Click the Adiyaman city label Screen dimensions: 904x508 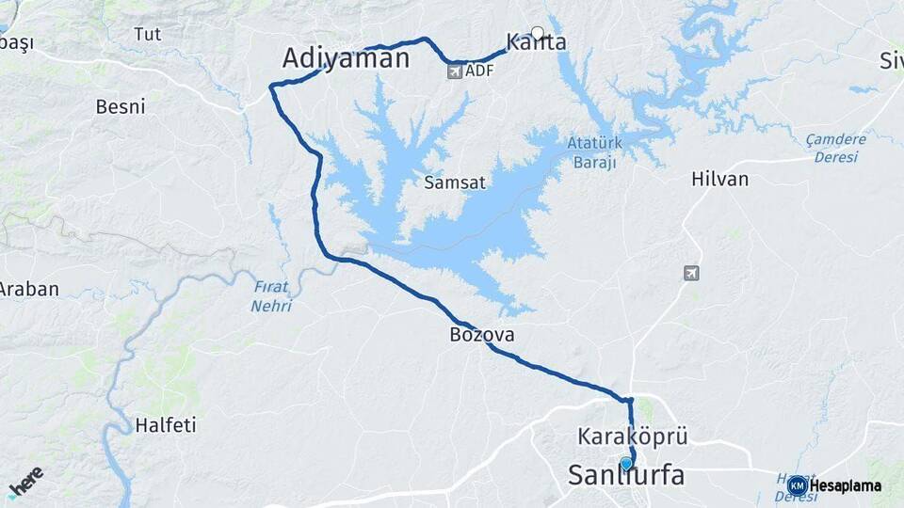346,59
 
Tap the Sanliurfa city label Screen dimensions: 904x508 625,476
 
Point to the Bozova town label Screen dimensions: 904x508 482,335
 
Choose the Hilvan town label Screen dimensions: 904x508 719,179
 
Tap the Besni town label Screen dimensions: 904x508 121,106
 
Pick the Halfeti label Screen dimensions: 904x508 166,425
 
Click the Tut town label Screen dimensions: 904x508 148,35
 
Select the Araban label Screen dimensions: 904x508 29,290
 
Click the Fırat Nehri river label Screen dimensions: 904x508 271,295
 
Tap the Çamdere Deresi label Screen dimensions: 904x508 835,148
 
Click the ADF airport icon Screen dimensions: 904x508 455,71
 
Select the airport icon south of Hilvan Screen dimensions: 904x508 691,273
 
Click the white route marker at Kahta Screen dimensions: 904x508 538,33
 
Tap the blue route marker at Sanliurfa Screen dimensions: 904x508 626,463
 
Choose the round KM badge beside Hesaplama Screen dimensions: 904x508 798,485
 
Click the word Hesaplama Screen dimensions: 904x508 846,486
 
